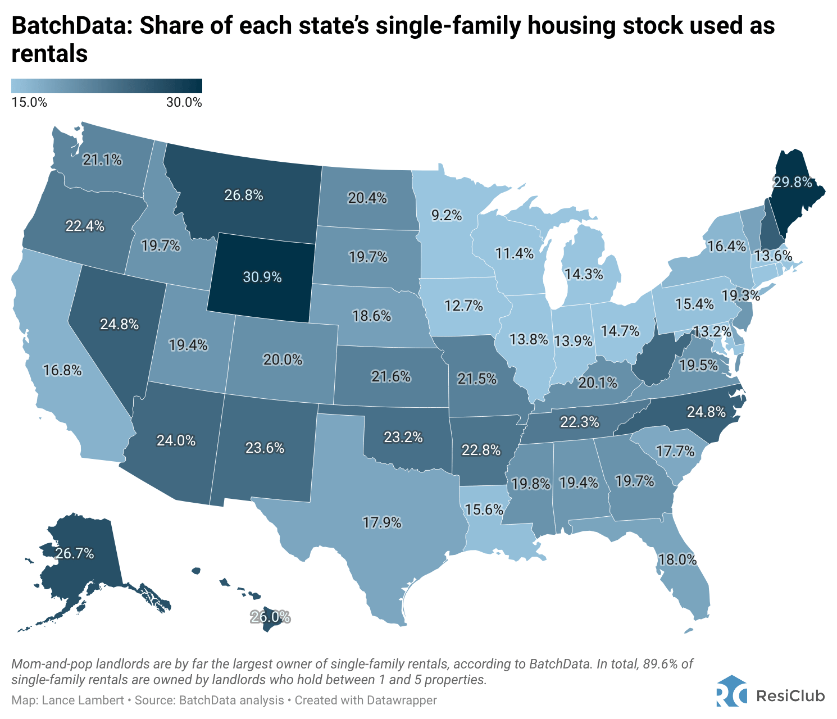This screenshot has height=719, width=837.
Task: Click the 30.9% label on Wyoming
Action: tap(262, 277)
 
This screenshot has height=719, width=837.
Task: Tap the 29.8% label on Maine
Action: tap(793, 182)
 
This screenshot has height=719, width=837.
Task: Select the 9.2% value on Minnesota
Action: tap(447, 215)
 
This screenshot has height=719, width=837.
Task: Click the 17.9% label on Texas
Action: tap(382, 523)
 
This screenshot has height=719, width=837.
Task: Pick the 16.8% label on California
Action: tap(62, 370)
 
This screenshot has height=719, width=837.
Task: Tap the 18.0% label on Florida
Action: tap(678, 559)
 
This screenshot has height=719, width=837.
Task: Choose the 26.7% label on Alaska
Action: tap(75, 553)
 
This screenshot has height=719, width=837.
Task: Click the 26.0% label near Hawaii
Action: tap(270, 617)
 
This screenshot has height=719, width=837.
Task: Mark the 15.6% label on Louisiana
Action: tap(484, 509)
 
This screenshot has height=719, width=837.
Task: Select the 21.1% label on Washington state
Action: tap(102, 160)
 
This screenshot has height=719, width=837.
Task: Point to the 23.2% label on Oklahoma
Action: tap(403, 436)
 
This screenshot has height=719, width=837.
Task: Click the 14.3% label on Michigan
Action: tap(584, 274)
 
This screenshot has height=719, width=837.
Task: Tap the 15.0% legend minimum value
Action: tap(29, 103)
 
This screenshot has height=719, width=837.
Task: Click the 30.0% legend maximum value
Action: tap(184, 103)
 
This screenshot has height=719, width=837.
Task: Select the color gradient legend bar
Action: tap(107, 86)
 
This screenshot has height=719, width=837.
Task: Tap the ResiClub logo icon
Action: tap(732, 694)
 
